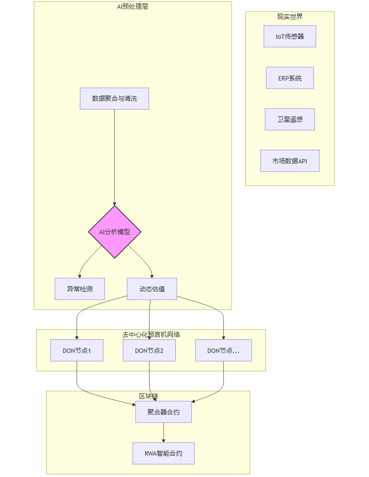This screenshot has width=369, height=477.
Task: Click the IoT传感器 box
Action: (290, 36)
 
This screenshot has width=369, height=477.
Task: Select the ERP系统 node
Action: (290, 78)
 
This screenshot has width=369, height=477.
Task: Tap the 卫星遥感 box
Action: (290, 119)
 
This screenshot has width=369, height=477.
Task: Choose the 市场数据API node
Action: (290, 161)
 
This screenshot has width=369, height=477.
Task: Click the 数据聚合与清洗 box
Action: (115, 98)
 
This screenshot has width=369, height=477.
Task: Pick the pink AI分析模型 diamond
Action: (115, 232)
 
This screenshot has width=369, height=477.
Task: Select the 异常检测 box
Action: (80, 289)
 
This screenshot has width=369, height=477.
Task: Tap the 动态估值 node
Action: (152, 289)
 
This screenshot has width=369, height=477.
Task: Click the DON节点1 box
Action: (77, 350)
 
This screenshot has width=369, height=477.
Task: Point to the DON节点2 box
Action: (149, 350)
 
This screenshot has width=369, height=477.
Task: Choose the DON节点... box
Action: (223, 350)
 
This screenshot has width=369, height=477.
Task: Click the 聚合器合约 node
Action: (164, 412)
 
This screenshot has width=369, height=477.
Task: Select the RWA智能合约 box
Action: (164, 454)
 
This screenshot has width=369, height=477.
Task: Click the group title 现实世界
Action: (290, 16)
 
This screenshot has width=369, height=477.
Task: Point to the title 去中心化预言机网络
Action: (151, 334)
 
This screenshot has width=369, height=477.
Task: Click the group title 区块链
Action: (148, 396)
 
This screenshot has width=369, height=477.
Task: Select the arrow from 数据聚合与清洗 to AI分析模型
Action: (115, 155)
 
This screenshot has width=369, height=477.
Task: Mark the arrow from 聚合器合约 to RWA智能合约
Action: (164, 432)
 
